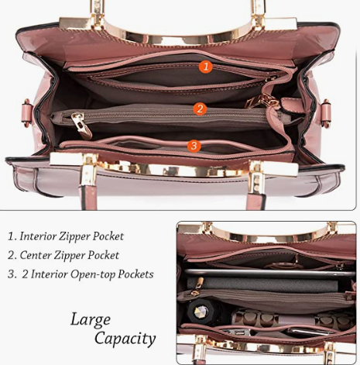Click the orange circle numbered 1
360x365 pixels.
click(205, 67)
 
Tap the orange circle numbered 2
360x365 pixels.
click(200, 109)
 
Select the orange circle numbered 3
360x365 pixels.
click(194, 146)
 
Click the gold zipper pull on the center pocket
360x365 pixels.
click(81, 125)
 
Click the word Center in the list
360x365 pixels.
click(36, 255)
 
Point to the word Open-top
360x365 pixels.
click(93, 274)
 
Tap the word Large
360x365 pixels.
click(91, 320)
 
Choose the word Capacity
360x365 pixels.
click(125, 339)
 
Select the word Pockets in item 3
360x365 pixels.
click(135, 274)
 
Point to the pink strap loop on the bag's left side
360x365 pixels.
click(28, 112)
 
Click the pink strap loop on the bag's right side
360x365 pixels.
click(327, 113)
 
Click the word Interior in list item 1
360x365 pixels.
click(38, 236)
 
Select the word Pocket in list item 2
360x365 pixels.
click(103, 256)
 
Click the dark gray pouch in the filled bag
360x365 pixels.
click(262, 284)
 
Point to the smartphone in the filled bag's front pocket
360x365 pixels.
click(308, 332)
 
